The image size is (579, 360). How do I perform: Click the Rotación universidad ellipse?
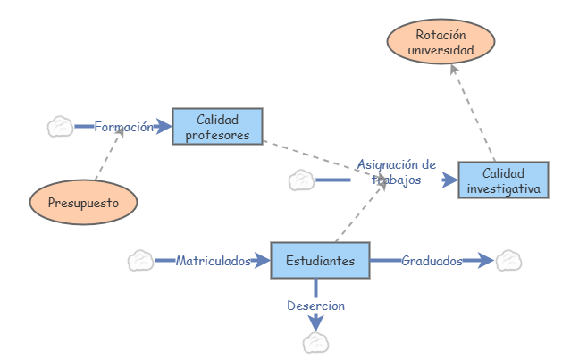[441, 43]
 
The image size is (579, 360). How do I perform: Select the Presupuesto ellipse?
[83, 202]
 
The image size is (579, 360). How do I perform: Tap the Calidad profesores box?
[217, 127]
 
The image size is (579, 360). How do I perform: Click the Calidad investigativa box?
[503, 180]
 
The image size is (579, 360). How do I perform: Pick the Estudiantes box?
[320, 261]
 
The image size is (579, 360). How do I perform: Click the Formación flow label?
[123, 127]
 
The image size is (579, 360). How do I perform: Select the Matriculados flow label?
[213, 261]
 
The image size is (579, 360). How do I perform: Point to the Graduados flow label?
[432, 261]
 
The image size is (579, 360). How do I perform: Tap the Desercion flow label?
[315, 306]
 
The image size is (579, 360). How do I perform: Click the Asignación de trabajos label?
[396, 172]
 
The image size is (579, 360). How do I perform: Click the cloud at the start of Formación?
[60, 127]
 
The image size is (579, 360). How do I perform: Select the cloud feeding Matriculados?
[140, 261]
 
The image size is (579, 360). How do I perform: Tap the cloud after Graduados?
[508, 261]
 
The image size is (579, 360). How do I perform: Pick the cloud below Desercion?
[315, 342]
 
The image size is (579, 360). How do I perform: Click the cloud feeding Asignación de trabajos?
[301, 180]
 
